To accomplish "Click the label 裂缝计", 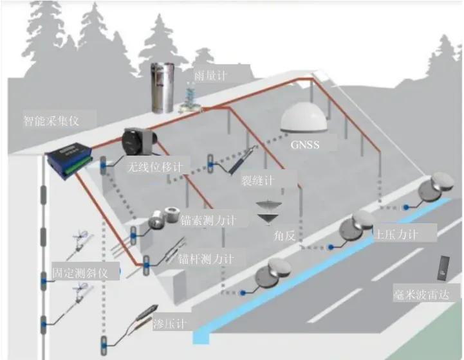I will [258, 178].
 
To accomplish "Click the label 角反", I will [284, 236].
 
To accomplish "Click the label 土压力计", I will [395, 235].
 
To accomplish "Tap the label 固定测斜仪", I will [86, 273].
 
